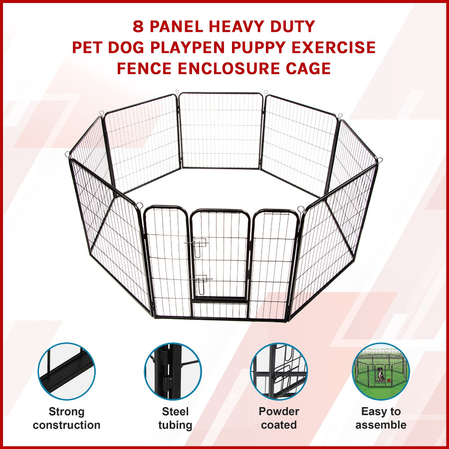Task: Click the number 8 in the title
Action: pyautogui.click(x=138, y=26)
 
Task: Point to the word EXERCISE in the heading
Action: pyautogui.click(x=334, y=47)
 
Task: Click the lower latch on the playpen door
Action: pyautogui.click(x=202, y=283)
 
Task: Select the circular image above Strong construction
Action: pyautogui.click(x=66, y=371)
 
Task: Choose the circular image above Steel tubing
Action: pyautogui.click(x=173, y=371)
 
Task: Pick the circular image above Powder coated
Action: pyautogui.click(x=278, y=371)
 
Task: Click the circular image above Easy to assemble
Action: pyautogui.click(x=381, y=371)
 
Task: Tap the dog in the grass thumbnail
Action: pyautogui.click(x=380, y=374)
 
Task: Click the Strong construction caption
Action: pyautogui.click(x=66, y=419)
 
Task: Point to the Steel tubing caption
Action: pyautogui.click(x=175, y=419)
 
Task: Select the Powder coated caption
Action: pyautogui.click(x=279, y=419)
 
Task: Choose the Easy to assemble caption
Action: pyautogui.click(x=381, y=419)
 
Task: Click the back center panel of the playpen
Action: pyautogui.click(x=221, y=130)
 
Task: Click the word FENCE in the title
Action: pyautogui.click(x=144, y=68)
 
